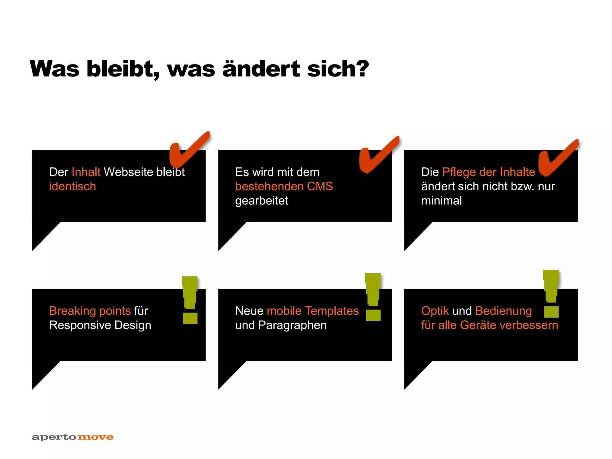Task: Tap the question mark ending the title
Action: pos(362,69)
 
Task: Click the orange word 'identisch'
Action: pos(73,186)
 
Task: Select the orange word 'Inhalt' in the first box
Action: pos(86,172)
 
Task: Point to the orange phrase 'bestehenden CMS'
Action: pos(284,186)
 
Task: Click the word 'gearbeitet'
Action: pos(261,201)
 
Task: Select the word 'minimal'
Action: pos(441,201)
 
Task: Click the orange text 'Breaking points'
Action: pos(90,311)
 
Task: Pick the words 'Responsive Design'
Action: pos(100,325)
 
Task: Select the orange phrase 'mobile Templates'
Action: pos(313,311)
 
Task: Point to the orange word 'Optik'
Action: pos(435,311)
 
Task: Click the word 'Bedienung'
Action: pos(504,311)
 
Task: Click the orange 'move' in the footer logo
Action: pos(96,437)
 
